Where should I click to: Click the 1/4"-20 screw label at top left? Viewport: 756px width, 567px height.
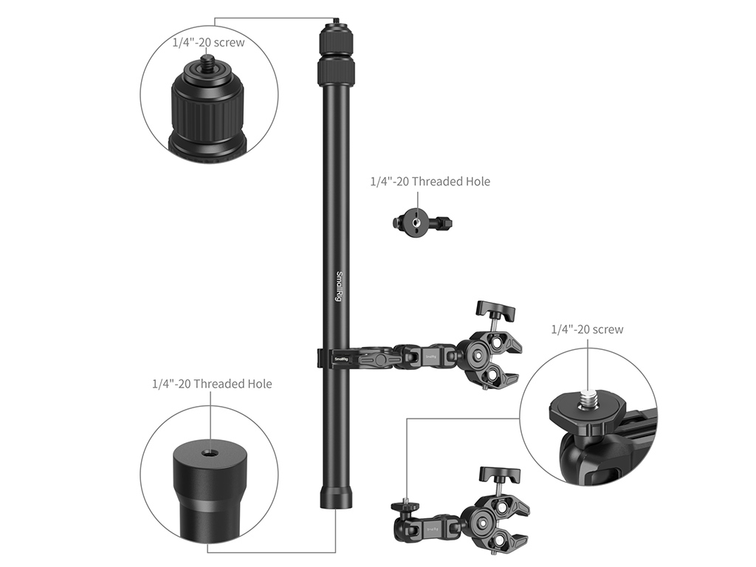[x=209, y=42]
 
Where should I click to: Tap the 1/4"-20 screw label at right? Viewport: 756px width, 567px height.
[x=587, y=329]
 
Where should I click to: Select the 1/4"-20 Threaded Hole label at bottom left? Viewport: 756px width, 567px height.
[x=212, y=384]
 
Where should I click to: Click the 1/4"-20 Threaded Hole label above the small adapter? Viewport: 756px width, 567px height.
[x=430, y=182]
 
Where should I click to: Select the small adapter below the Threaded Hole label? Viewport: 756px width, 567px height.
[x=423, y=223]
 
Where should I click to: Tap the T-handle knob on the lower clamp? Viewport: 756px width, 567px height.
[x=500, y=475]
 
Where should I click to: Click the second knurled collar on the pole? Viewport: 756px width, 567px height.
[x=336, y=72]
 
